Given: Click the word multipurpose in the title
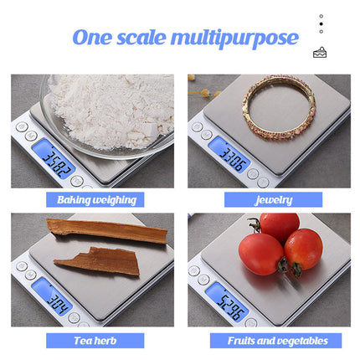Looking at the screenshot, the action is (x=234, y=39).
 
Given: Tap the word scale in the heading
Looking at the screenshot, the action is (x=141, y=38).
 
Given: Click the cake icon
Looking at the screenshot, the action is (x=320, y=52).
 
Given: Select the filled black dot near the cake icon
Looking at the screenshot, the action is (x=321, y=24).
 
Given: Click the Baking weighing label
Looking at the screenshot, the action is (x=95, y=199).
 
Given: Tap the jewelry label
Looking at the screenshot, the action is (x=273, y=199).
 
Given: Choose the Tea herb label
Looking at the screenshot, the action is (x=95, y=341).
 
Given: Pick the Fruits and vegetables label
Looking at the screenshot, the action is (x=275, y=341).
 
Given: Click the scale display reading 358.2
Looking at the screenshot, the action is (x=54, y=159).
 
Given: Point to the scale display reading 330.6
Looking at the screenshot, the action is (x=229, y=154).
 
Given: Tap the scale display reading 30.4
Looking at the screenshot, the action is (x=52, y=296).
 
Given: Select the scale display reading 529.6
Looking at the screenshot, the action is (x=227, y=302).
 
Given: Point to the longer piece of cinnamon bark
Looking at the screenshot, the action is (x=107, y=231).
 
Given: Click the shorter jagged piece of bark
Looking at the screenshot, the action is (x=100, y=261).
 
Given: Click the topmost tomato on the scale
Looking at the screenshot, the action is (x=279, y=225).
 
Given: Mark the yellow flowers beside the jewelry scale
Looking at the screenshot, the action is (x=203, y=90).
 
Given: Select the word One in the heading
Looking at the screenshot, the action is (x=92, y=38).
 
